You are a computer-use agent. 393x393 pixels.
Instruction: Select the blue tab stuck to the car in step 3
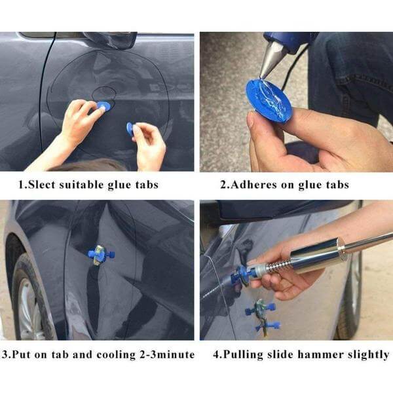click(x=100, y=255)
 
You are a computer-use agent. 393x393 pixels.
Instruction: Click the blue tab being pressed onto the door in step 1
click(x=103, y=105)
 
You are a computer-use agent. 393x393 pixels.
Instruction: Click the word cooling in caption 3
click(x=115, y=355)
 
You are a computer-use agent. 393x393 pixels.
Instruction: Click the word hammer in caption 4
click(x=326, y=355)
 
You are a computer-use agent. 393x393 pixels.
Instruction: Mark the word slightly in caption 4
click(x=368, y=355)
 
